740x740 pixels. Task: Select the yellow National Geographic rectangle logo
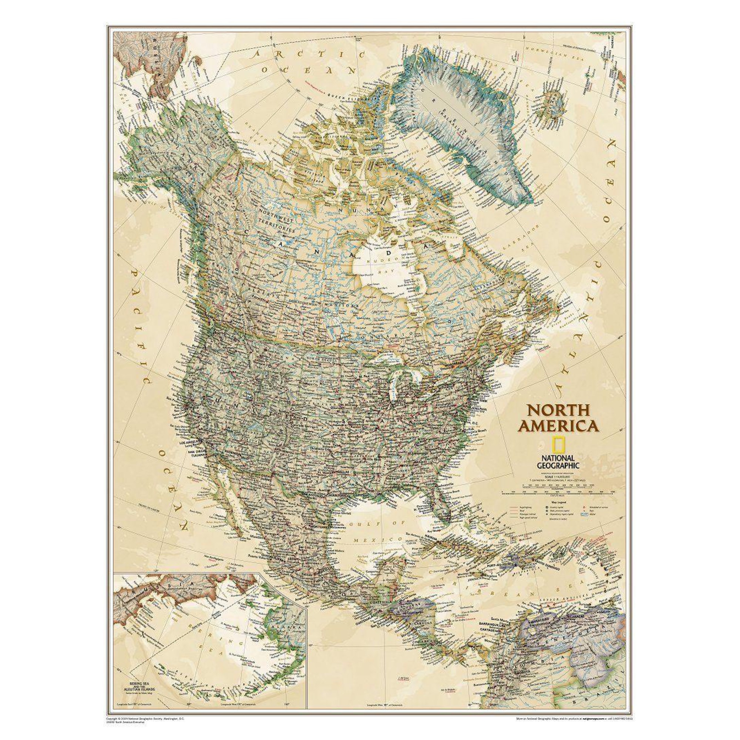[x=558, y=446]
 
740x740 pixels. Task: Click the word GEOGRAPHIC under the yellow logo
[x=558, y=465]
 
